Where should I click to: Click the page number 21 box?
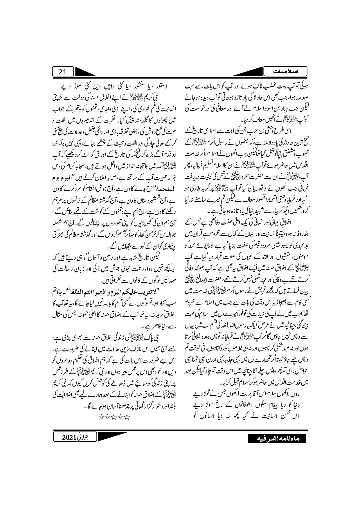62,72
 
